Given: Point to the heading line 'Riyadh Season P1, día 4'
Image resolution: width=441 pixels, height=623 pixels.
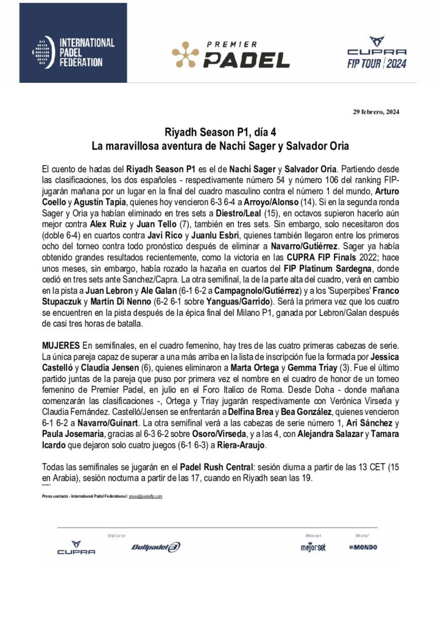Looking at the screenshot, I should click(220, 132).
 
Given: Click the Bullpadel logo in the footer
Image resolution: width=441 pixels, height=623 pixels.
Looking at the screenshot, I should click(156, 547).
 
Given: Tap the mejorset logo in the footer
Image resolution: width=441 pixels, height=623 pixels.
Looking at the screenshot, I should click(313, 548).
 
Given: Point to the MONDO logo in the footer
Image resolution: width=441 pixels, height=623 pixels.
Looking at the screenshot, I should click(364, 548).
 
